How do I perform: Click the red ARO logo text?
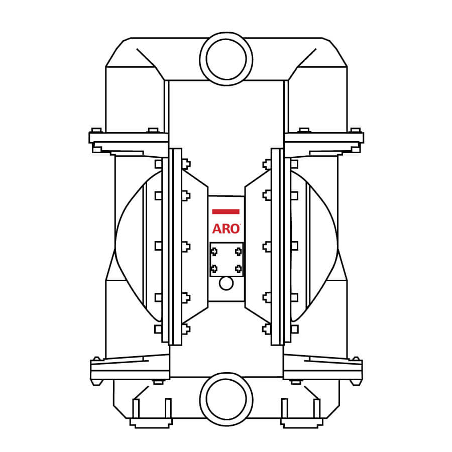226,229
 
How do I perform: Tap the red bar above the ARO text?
225,211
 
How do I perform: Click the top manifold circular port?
227,59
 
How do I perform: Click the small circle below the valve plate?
227,283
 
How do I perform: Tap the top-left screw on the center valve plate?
214,252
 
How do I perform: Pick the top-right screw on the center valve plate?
239,252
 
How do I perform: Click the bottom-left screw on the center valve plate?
214,269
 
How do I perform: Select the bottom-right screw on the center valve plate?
239,269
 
